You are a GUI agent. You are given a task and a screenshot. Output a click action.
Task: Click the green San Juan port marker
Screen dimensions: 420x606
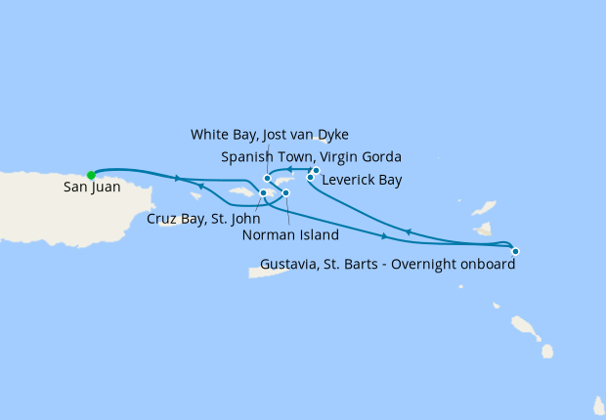[x=91, y=175]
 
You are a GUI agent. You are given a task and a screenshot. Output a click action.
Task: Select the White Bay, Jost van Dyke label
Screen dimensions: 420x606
[x=270, y=134]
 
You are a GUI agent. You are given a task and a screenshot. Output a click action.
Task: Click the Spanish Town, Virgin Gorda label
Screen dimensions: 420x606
[x=311, y=156]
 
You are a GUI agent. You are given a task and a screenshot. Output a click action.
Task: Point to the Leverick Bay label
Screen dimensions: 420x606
[x=361, y=180]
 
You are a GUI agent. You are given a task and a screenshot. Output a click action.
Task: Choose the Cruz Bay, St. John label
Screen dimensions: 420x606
[x=203, y=219]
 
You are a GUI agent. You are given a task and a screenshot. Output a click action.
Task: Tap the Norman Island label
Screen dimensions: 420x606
[x=292, y=235]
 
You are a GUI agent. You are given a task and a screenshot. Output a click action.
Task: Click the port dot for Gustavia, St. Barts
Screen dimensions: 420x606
[x=515, y=251]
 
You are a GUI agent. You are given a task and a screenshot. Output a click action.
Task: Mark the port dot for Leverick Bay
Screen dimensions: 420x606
[x=311, y=177]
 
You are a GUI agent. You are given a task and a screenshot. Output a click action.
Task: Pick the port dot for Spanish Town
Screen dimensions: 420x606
[x=316, y=170]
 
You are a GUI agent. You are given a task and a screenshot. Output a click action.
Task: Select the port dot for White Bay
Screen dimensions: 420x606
[x=267, y=178]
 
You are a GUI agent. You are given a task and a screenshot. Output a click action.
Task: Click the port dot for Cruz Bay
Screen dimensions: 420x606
[x=263, y=192]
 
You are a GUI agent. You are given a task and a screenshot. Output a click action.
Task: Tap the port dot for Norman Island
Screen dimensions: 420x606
[x=285, y=192]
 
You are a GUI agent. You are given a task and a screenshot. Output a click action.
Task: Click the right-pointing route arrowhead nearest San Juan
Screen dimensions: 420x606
[x=177, y=179]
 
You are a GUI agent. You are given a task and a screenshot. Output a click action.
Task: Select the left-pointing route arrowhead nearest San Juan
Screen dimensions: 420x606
[x=200, y=186]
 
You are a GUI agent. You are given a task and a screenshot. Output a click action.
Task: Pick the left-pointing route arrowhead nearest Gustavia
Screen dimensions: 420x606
[x=407, y=231]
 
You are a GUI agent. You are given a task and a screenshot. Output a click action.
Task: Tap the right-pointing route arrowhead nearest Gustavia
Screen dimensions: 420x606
[x=385, y=236]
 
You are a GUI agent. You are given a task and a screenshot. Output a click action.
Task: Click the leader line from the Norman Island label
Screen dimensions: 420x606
[x=287, y=211]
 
